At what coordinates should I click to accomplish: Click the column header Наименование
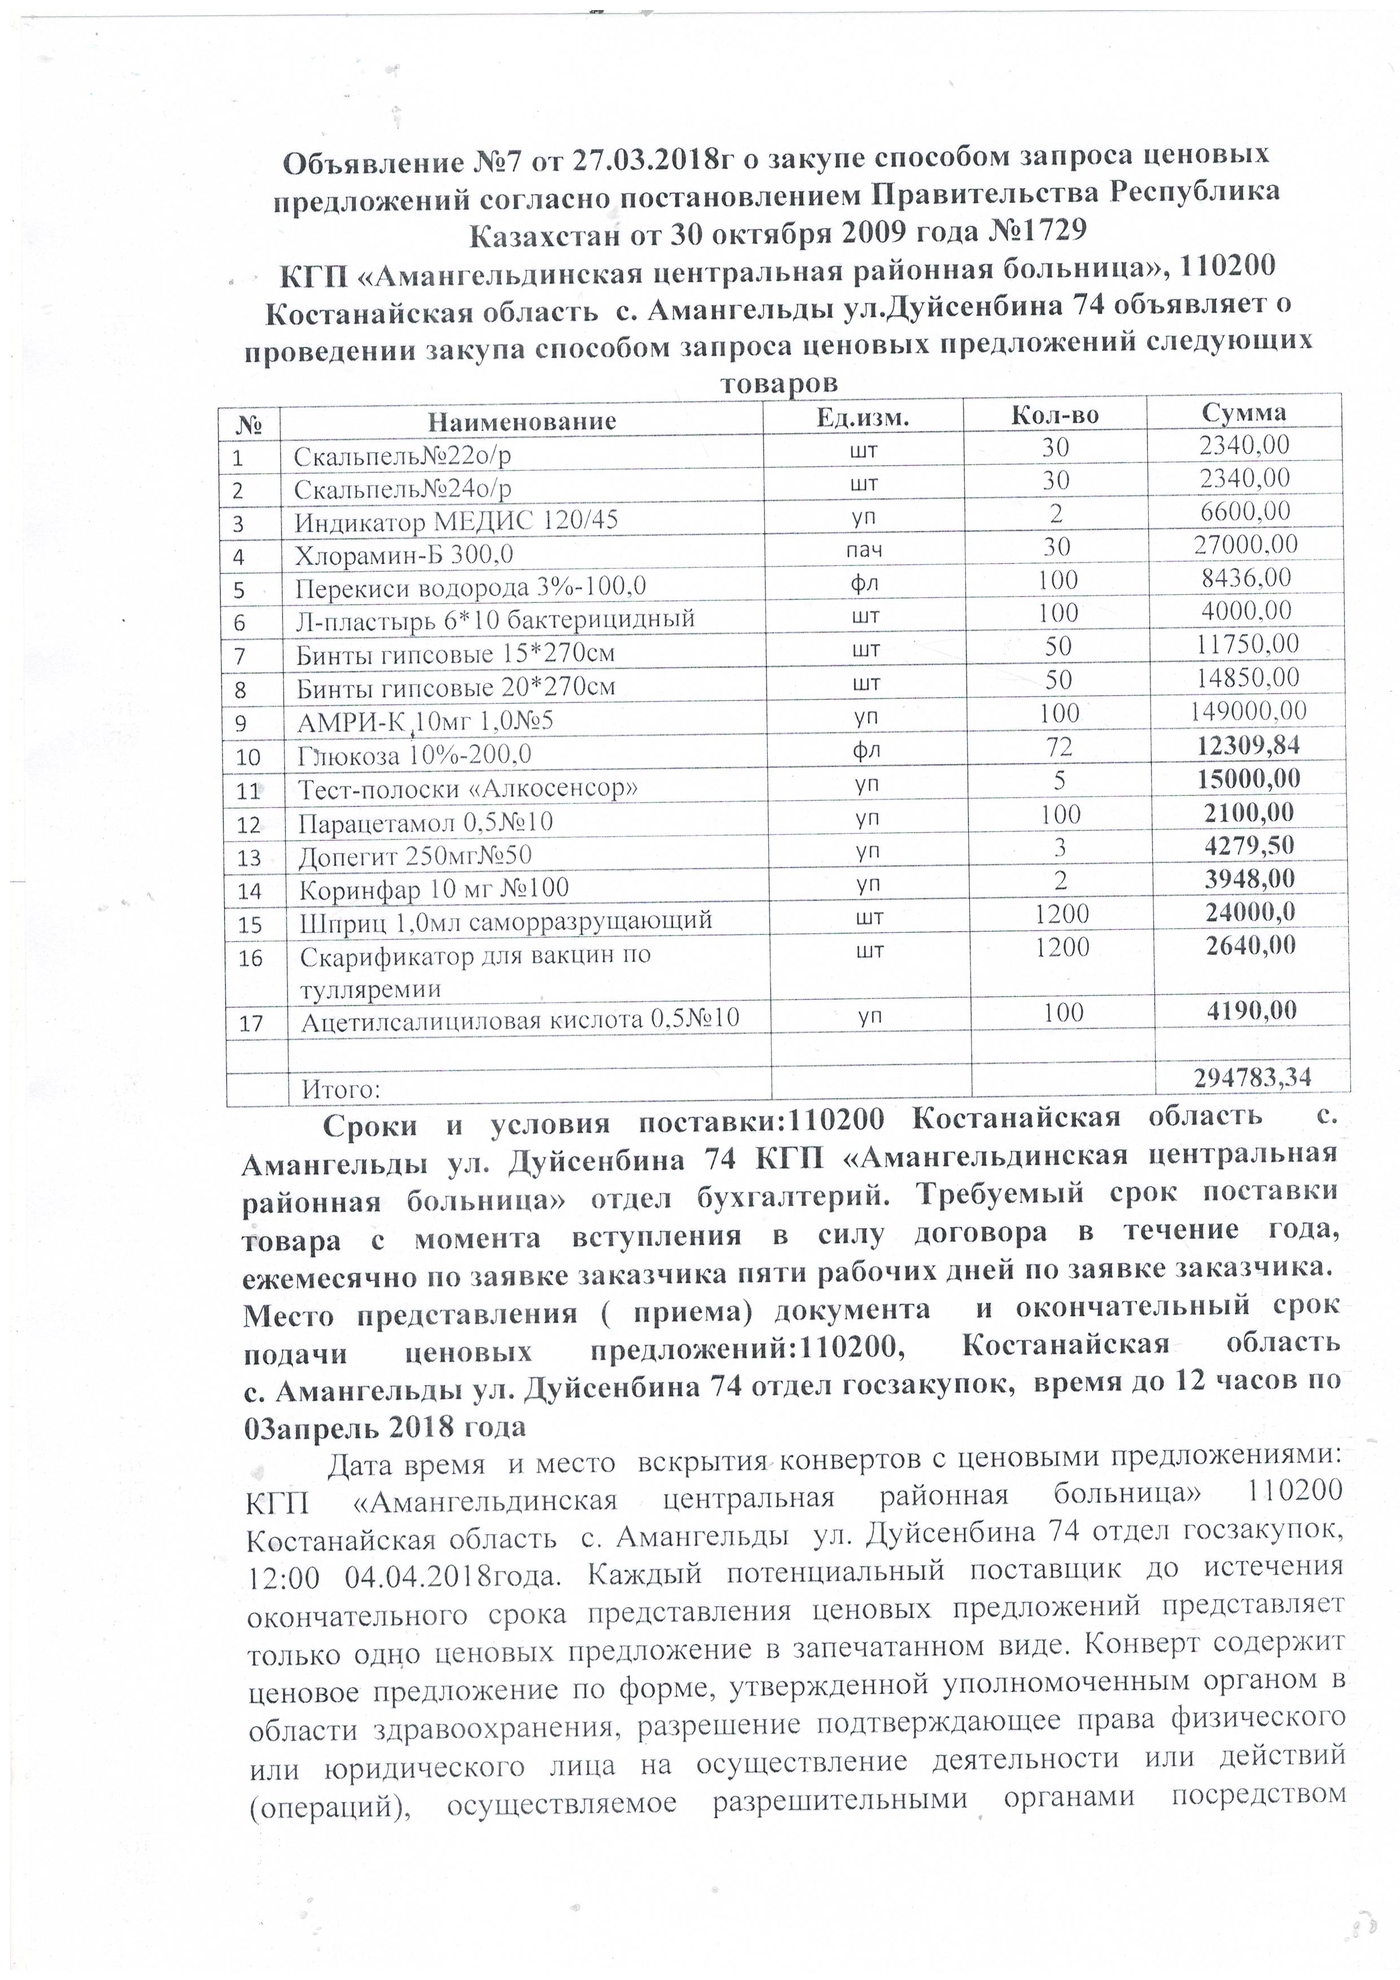coord(522,421)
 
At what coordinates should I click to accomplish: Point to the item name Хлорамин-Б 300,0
coord(404,554)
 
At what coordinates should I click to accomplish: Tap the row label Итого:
coord(341,1090)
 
